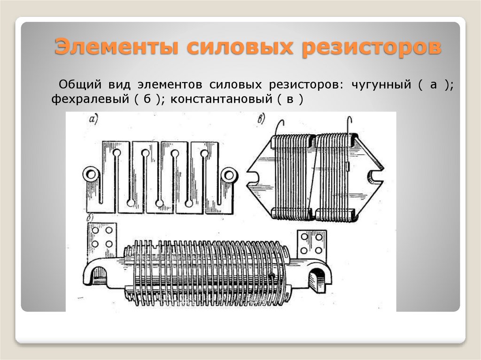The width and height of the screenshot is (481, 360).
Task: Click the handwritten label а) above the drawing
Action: pyautogui.click(x=93, y=120)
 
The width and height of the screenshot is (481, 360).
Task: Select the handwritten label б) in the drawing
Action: pyautogui.click(x=90, y=219)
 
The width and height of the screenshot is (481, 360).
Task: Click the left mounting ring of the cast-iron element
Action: pyautogui.click(x=90, y=175)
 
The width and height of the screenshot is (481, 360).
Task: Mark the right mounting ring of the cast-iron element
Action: pyautogui.click(x=229, y=175)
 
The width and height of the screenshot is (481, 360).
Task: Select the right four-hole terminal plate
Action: pyautogui.click(x=311, y=244)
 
